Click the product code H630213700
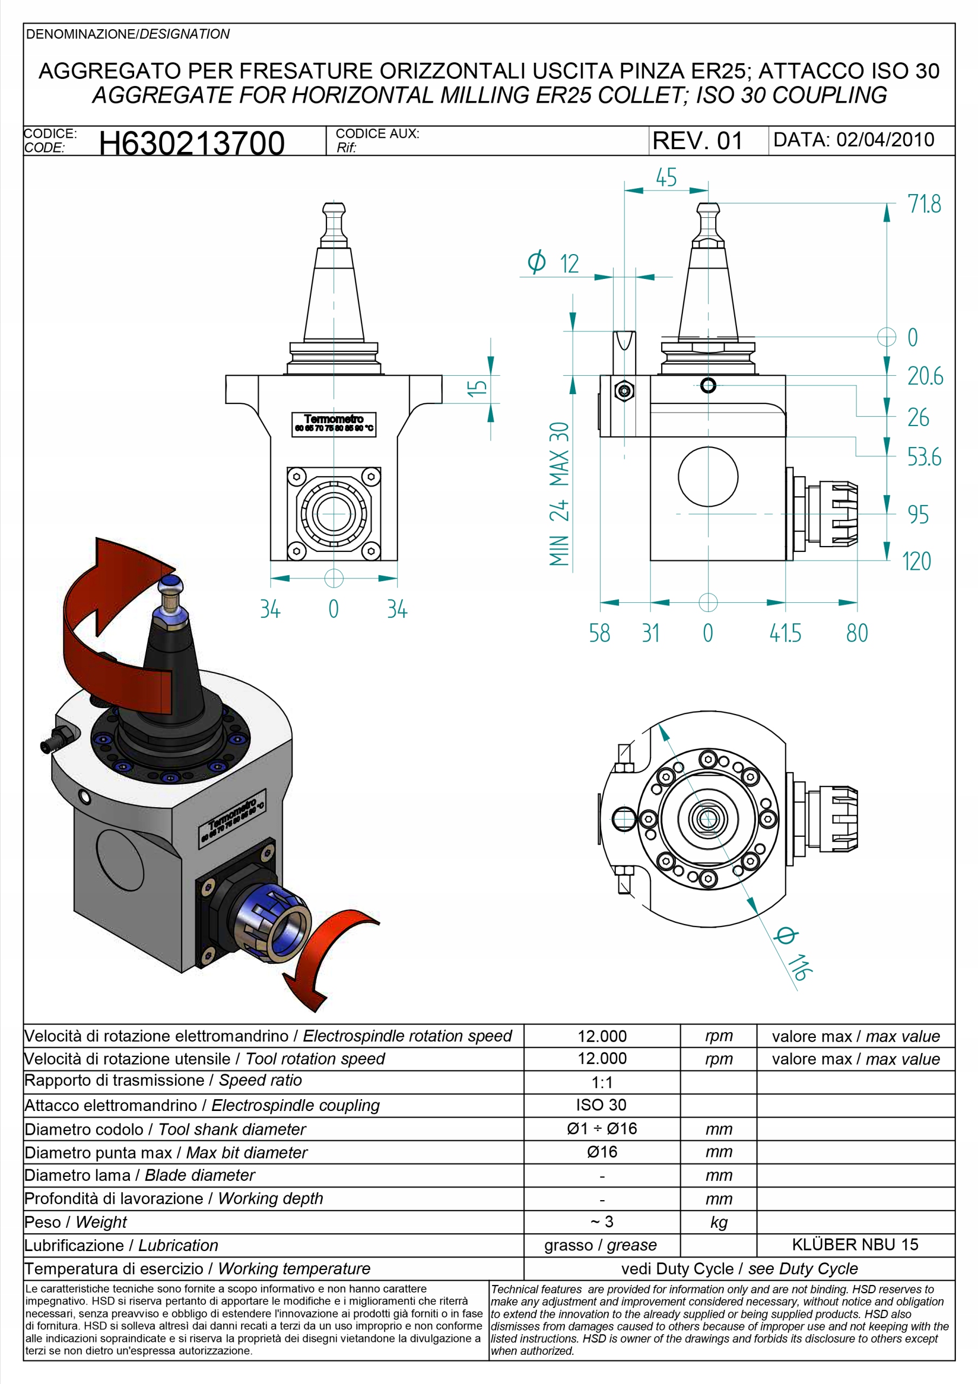tap(192, 143)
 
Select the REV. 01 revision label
tap(697, 141)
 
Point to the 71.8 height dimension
tap(924, 204)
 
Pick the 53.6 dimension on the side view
tap(924, 457)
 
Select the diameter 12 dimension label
tap(553, 263)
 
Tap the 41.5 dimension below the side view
tap(785, 633)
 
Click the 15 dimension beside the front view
tap(477, 387)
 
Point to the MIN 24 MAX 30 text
tap(560, 494)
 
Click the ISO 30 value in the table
tap(601, 1104)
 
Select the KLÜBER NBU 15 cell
tap(855, 1245)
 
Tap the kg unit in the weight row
tap(718, 1222)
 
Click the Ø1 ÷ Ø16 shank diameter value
tap(602, 1128)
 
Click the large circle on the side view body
tap(708, 476)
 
